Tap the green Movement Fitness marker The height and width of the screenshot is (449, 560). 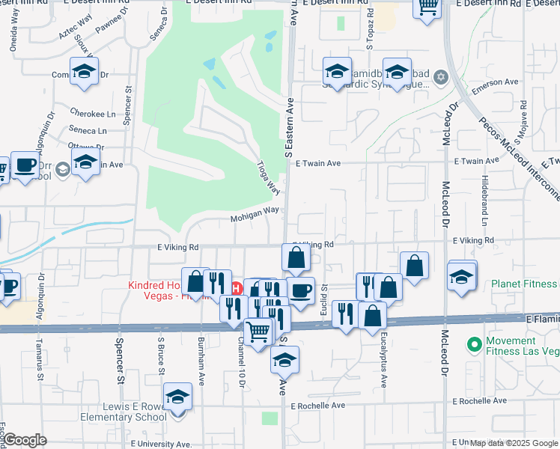473,345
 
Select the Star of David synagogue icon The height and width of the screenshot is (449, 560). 441,77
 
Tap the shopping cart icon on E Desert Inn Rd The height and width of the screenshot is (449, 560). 427,7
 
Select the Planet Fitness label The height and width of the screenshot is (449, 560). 525,284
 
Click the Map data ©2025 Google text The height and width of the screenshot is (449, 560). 514,443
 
